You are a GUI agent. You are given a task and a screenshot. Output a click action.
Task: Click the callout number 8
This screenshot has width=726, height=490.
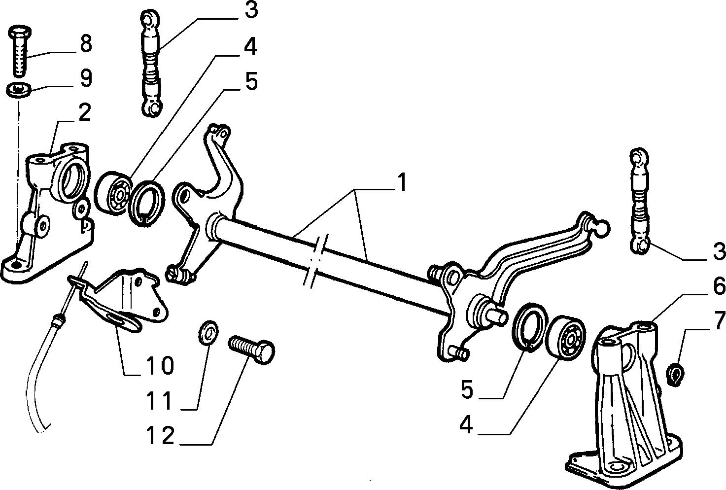tap(86, 43)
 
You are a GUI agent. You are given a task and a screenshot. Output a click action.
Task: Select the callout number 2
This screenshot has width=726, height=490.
tap(85, 113)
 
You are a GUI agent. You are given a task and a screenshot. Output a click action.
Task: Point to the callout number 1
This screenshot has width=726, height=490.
tap(402, 182)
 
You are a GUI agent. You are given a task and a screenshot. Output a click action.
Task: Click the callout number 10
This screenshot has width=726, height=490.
tap(160, 365)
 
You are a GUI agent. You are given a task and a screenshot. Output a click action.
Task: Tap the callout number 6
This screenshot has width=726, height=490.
tap(719, 286)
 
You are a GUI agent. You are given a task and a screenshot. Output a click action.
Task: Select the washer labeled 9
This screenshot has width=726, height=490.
tap(19, 89)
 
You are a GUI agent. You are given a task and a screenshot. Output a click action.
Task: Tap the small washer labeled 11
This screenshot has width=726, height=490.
tap(208, 332)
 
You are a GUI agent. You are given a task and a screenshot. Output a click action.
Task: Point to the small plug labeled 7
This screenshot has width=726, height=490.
tap(675, 375)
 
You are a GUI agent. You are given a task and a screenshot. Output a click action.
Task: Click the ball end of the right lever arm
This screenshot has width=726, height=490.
tap(601, 228)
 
